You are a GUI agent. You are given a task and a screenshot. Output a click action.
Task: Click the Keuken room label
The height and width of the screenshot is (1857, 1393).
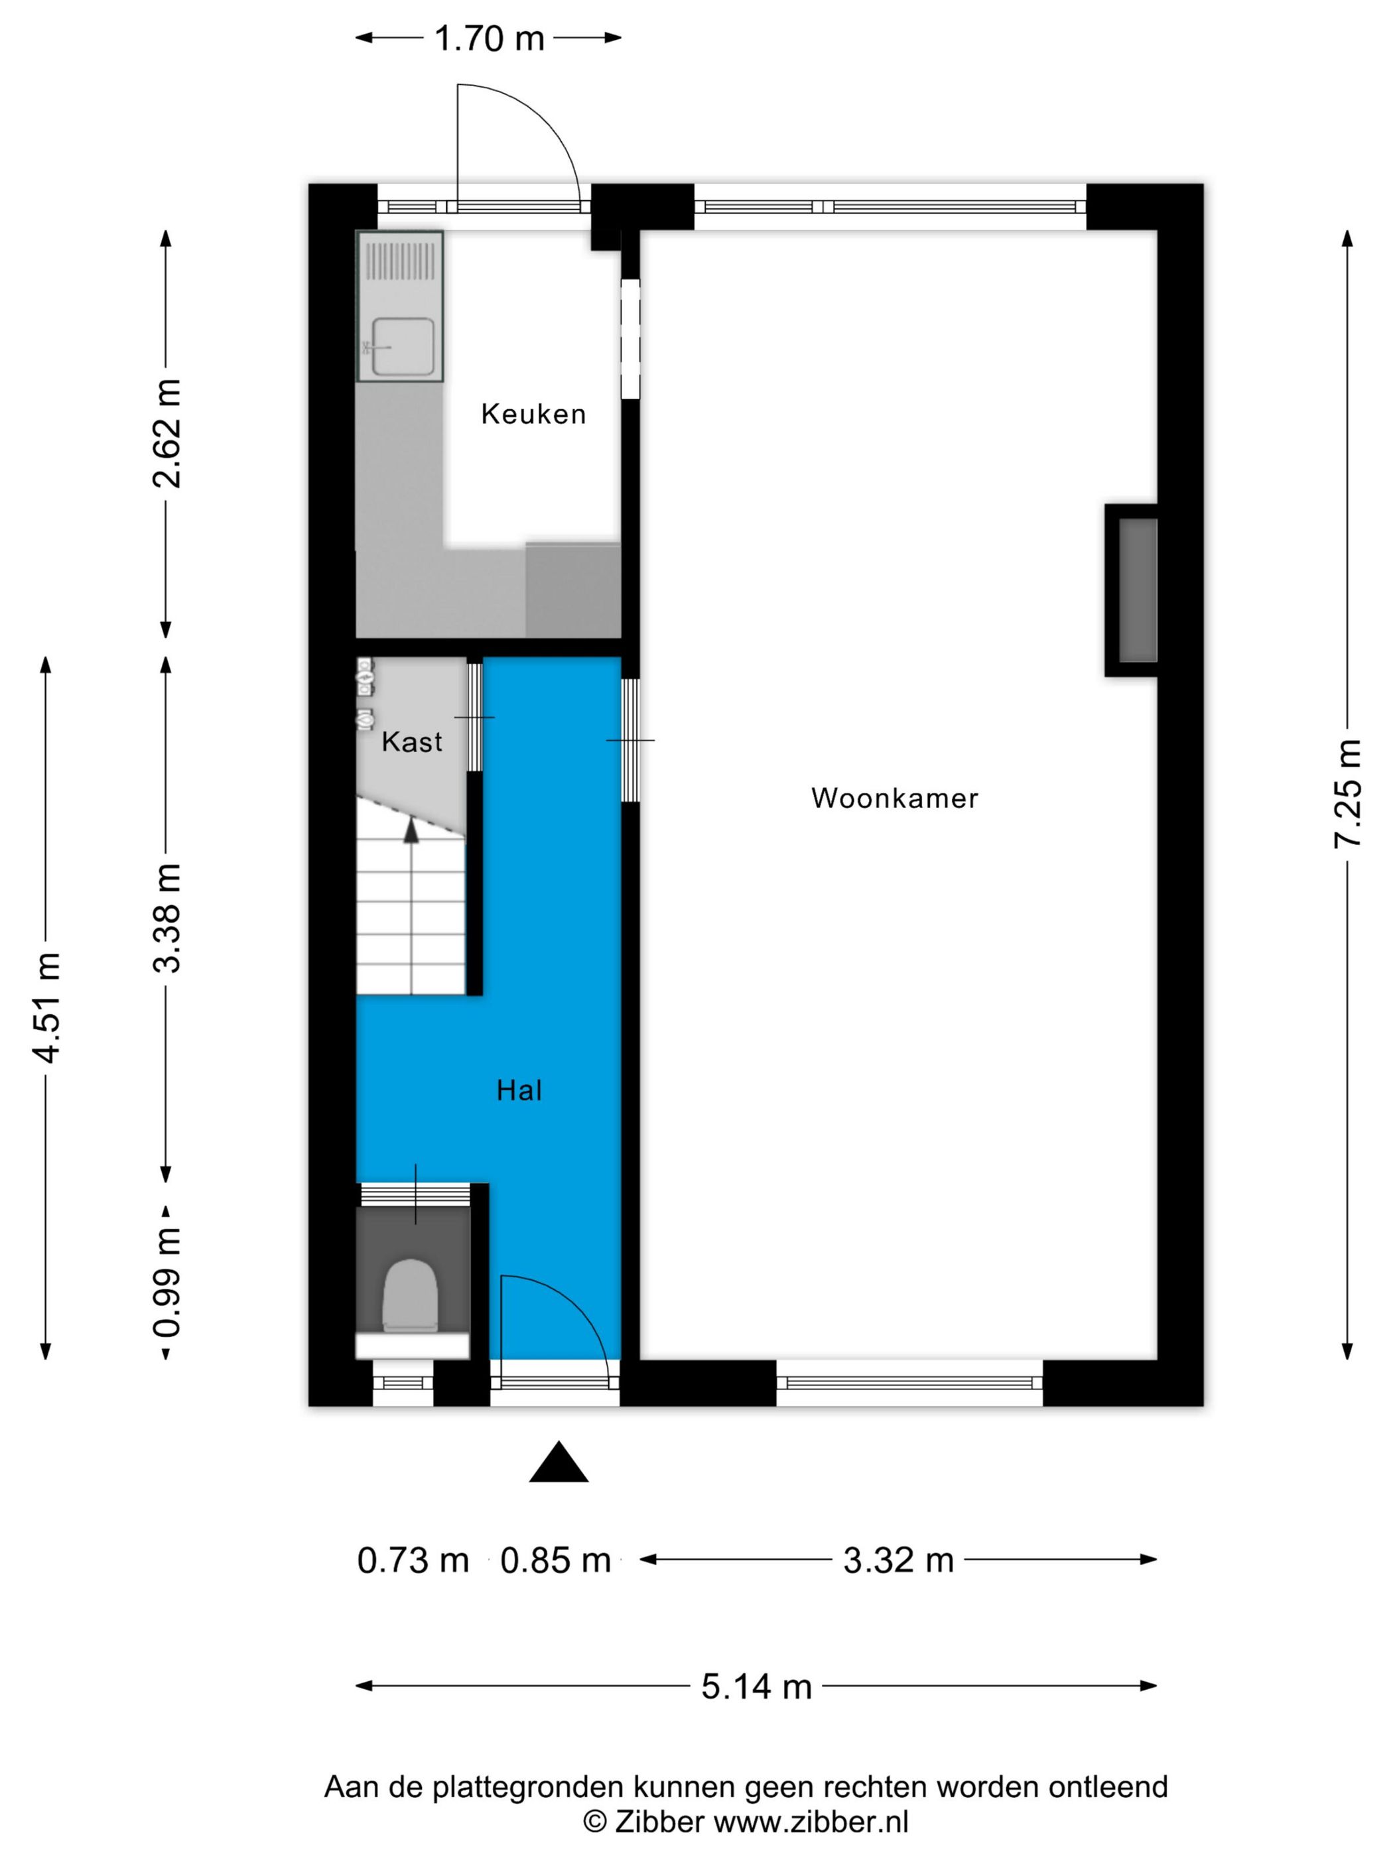(x=533, y=414)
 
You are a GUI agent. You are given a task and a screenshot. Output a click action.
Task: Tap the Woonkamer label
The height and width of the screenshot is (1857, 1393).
(x=894, y=798)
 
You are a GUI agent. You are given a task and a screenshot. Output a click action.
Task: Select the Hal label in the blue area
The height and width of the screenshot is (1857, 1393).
(x=519, y=1090)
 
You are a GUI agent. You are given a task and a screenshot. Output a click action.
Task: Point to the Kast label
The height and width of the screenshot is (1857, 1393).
(x=411, y=741)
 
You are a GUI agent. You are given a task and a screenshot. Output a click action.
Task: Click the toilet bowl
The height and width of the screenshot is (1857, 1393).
(x=411, y=1295)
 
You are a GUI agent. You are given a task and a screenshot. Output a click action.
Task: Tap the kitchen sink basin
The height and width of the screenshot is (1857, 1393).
(x=403, y=347)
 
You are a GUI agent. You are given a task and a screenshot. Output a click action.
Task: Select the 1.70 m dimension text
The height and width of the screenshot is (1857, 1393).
(x=489, y=38)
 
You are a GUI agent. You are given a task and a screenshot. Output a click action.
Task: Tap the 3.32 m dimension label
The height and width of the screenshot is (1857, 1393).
(x=898, y=1560)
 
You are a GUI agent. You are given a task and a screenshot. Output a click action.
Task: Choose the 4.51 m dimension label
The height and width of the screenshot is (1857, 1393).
(x=46, y=1007)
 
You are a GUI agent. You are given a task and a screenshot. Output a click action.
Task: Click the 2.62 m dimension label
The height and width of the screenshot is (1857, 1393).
(x=166, y=433)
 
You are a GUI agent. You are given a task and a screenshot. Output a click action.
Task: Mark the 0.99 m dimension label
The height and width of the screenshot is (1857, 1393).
(x=166, y=1282)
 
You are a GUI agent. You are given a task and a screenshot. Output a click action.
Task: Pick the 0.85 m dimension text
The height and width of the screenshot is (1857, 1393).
(x=555, y=1560)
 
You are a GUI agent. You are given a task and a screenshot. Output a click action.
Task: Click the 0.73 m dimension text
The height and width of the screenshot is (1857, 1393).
(x=413, y=1560)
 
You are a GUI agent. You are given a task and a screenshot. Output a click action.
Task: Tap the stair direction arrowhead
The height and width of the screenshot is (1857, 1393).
(x=411, y=830)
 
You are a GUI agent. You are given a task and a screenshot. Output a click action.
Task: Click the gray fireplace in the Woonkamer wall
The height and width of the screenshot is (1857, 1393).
(x=1138, y=590)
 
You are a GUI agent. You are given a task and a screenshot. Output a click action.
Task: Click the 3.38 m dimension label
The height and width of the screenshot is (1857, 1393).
(x=166, y=918)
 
